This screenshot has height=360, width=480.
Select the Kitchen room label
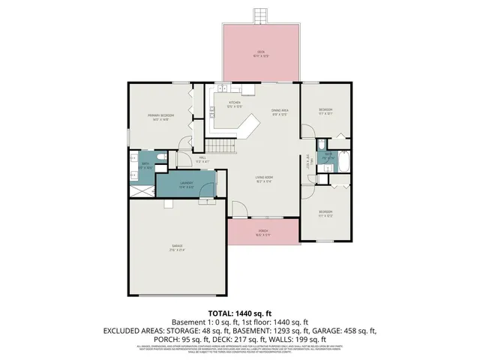tap(234, 103)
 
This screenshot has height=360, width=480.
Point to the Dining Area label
tap(280, 112)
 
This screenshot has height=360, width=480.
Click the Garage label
tap(177, 248)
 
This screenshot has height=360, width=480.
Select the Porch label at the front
tap(262, 233)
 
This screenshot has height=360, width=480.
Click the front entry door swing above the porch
tap(238, 211)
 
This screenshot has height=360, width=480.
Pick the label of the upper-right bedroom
tap(325, 113)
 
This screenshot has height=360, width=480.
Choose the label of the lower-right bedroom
tap(325, 214)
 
